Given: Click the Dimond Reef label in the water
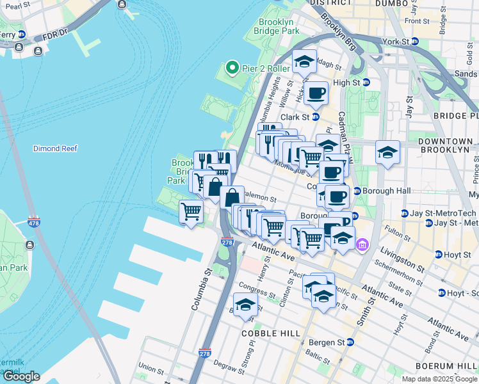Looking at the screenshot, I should click(x=55, y=148).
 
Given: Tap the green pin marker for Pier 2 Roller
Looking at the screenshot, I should click(x=232, y=67).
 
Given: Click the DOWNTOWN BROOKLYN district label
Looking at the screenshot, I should click(x=444, y=145).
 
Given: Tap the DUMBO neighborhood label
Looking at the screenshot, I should click(x=393, y=3).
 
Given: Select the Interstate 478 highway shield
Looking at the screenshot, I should click(x=33, y=222).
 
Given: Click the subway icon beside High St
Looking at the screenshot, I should click(x=366, y=83).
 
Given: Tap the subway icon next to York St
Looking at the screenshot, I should click(x=414, y=42).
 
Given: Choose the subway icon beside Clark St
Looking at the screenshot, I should click(x=315, y=117).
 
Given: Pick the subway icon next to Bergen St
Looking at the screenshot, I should click(x=350, y=343).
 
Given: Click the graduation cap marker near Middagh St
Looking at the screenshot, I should click(x=304, y=61).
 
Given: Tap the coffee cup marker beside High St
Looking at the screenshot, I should click(x=316, y=93).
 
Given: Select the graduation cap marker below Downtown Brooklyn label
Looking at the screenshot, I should click(x=387, y=153).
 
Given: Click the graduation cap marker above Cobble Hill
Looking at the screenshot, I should click(x=245, y=305).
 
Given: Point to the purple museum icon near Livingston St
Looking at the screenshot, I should click(x=362, y=245).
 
